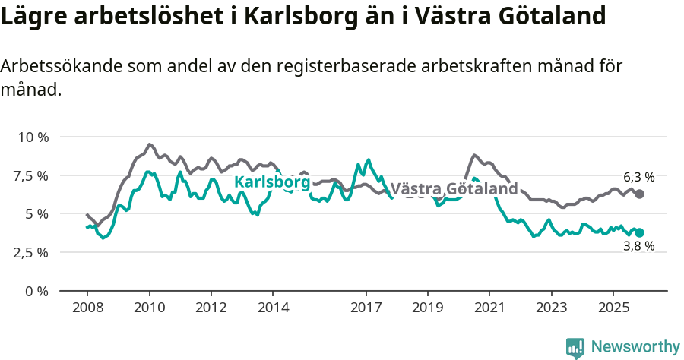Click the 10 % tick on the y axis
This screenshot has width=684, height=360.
(32, 137)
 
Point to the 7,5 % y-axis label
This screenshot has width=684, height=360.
(32, 175)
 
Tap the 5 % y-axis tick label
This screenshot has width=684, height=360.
(36, 214)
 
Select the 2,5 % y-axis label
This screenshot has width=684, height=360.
(32, 252)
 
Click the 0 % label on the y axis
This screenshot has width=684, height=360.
(36, 291)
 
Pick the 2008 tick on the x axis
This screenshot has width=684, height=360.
(87, 308)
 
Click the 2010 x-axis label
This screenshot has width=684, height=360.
(149, 308)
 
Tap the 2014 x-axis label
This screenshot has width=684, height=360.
(273, 308)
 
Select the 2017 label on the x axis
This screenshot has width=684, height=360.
(366, 308)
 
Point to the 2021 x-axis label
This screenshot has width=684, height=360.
(489, 308)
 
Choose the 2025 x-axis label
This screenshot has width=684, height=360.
(613, 308)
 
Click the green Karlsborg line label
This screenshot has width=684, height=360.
(271, 182)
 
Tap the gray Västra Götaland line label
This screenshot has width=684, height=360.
(454, 188)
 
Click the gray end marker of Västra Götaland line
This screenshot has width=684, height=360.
(640, 194)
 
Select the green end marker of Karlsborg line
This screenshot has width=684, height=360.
(640, 232)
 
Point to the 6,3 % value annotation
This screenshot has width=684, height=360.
(638, 177)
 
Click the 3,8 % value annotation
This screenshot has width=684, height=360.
(638, 247)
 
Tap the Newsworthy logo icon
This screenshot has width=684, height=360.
(575, 347)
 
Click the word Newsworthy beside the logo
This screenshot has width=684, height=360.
(635, 347)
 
